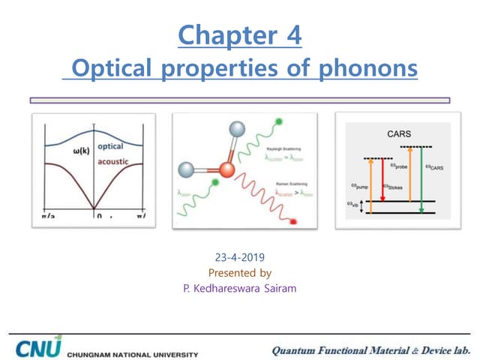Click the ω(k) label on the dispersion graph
click(x=82, y=151)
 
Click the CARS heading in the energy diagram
click(x=399, y=133)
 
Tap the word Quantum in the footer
click(x=294, y=349)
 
